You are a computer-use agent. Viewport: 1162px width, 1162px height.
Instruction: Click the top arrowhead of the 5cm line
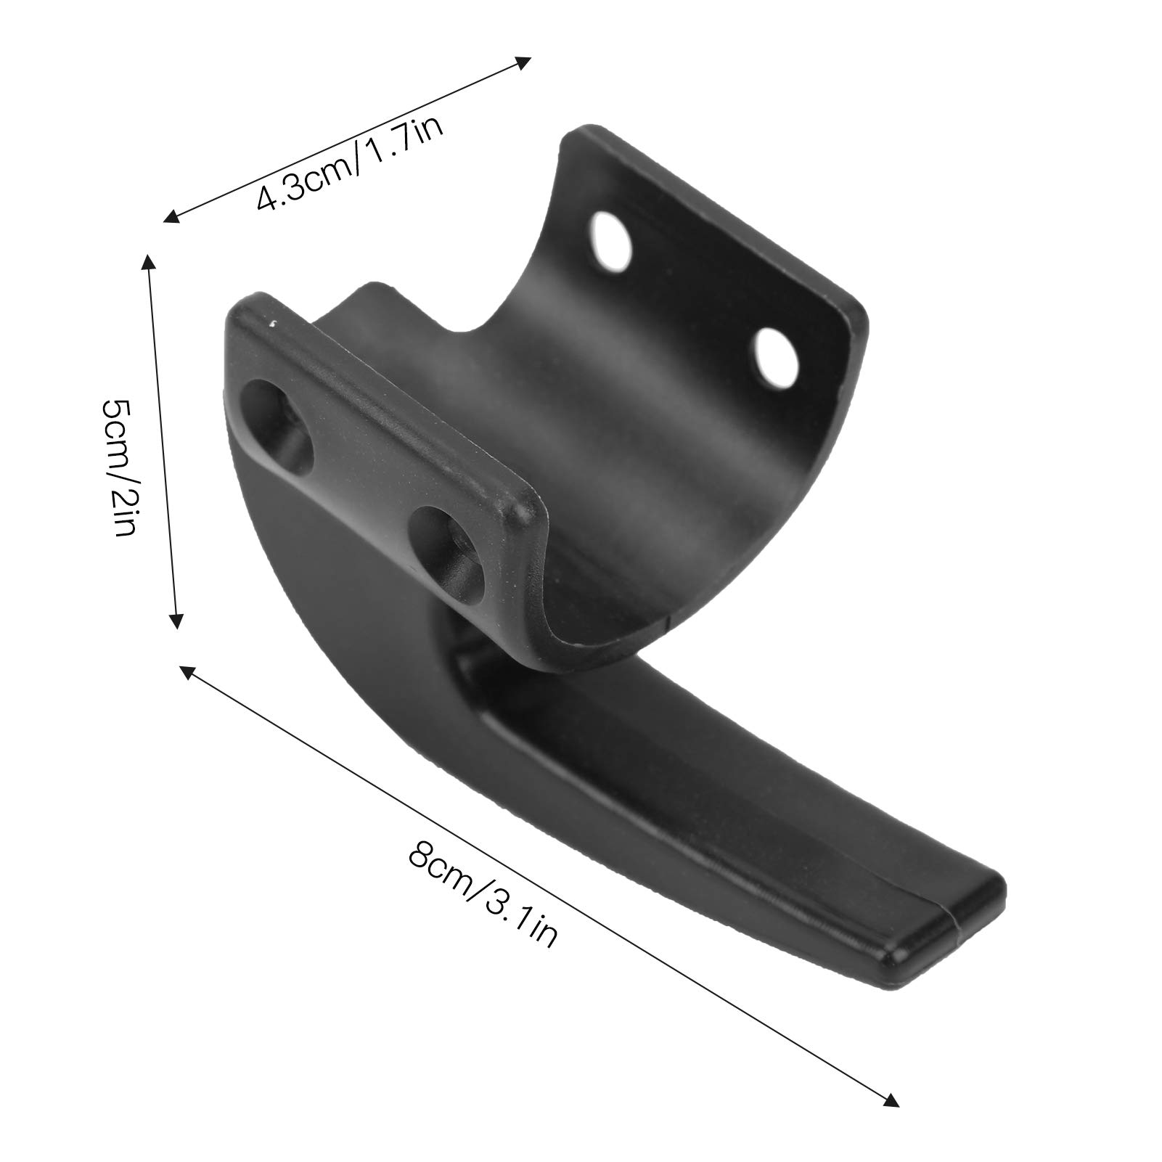point(148,262)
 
